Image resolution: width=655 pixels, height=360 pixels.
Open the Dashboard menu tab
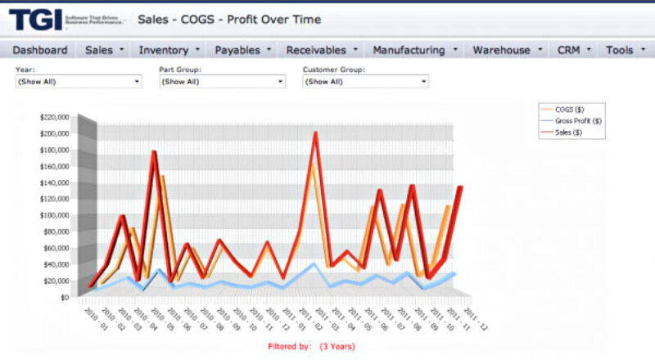(x=40, y=50)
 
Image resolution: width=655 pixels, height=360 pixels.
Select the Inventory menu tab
(x=169, y=50)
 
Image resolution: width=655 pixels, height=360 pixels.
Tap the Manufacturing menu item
(x=414, y=50)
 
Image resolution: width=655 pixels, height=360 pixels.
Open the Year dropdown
(x=79, y=82)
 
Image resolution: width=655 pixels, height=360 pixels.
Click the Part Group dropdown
(x=223, y=82)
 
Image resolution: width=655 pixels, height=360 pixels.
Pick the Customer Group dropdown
(x=365, y=82)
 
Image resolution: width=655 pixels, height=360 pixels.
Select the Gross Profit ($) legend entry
(x=578, y=120)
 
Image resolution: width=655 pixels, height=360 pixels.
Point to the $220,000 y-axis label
(x=54, y=117)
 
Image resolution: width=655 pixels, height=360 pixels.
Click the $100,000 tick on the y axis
(x=54, y=215)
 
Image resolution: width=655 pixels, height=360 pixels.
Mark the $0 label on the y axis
(x=63, y=298)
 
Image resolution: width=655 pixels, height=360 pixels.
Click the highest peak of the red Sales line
(x=315, y=133)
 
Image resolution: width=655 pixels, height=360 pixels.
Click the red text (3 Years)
(x=337, y=347)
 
